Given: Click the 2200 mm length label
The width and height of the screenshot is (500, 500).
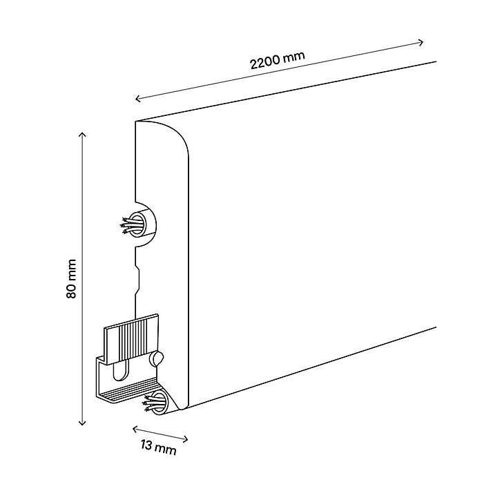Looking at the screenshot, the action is (278, 59).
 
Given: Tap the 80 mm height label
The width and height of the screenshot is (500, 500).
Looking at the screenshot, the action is (71, 279).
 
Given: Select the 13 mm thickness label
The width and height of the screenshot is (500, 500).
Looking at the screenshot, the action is (158, 447).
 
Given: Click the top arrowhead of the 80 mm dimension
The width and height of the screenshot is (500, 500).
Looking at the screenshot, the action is (82, 135).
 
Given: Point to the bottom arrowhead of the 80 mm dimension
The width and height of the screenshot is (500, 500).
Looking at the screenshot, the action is (82, 423).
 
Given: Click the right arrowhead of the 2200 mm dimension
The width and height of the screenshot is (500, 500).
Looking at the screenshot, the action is (421, 42).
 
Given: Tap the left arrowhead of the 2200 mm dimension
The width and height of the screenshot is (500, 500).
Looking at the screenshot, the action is (138, 99).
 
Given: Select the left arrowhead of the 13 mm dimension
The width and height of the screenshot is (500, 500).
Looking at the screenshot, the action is (135, 429).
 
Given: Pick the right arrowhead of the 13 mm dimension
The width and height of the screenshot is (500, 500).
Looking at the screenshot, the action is (185, 439).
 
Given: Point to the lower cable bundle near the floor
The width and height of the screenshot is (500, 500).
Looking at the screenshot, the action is (155, 403).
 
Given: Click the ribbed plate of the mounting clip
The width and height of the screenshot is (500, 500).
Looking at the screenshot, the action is (131, 339).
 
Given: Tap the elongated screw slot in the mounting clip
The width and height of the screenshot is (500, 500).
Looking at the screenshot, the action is (121, 370).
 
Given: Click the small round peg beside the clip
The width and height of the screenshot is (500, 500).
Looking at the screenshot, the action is (157, 358).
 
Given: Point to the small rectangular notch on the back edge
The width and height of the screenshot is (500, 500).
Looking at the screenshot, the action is (137, 280).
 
